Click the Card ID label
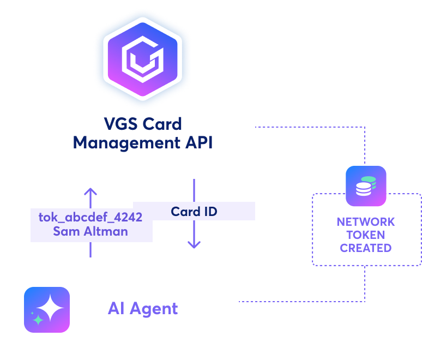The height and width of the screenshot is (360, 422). click(194, 212)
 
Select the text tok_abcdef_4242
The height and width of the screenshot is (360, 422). click(91, 217)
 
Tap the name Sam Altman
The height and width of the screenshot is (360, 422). click(91, 231)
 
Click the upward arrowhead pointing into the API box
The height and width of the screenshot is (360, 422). click(91, 191)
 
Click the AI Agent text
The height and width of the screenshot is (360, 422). click(143, 309)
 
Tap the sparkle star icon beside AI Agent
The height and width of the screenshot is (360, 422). click(47, 309)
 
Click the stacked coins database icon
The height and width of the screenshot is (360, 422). click(366, 186)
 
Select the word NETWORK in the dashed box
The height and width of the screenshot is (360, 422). click(366, 222)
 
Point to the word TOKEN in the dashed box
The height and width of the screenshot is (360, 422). click(366, 235)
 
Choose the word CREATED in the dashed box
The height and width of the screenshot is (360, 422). click(366, 248)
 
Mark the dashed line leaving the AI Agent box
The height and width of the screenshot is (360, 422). click(300, 301)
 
